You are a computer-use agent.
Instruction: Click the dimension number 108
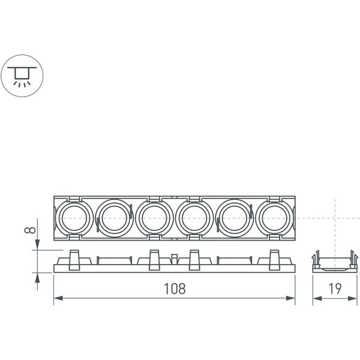(175, 288)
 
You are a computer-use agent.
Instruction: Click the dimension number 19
(335, 288)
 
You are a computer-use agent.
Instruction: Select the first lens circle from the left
(74, 218)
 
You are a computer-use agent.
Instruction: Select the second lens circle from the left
(114, 218)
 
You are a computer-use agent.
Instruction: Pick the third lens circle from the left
(154, 218)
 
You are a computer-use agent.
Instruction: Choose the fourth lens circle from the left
(194, 218)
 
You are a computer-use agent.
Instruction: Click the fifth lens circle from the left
(235, 218)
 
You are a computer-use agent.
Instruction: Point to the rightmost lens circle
(275, 218)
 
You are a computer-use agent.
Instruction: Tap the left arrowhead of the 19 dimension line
(315, 298)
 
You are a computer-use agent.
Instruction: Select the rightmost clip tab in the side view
(275, 259)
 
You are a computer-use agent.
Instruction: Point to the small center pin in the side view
(175, 259)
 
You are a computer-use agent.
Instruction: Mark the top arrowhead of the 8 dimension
(38, 246)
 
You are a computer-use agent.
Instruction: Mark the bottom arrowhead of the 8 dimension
(38, 277)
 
